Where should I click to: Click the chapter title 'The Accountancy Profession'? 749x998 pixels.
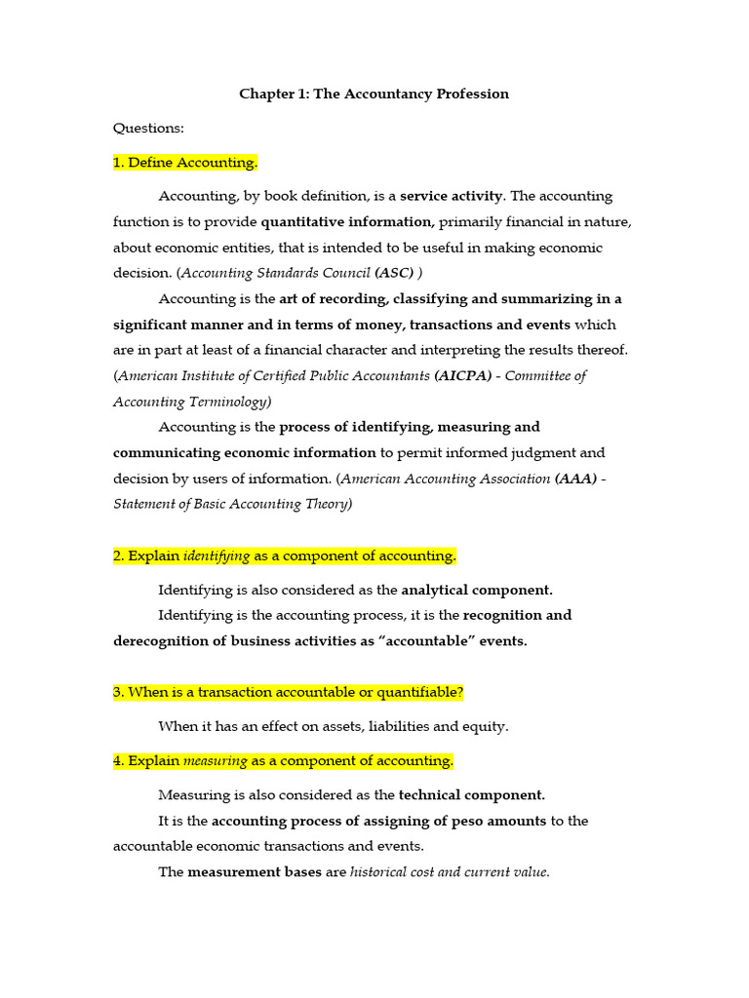click(x=411, y=95)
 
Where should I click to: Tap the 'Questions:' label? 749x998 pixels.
click(x=148, y=128)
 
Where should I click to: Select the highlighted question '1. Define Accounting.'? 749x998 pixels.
click(x=185, y=162)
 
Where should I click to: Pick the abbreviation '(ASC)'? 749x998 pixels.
click(x=394, y=273)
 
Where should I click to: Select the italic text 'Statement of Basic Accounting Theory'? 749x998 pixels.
click(x=230, y=504)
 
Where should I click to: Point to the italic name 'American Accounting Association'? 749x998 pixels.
click(x=446, y=479)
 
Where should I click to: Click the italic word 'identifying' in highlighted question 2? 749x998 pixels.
click(x=217, y=556)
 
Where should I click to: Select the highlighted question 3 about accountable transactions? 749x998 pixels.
click(x=288, y=692)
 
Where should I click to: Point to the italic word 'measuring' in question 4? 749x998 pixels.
click(x=216, y=760)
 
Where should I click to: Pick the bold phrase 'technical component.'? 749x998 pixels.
click(x=472, y=794)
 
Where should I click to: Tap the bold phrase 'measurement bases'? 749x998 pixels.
click(x=254, y=872)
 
